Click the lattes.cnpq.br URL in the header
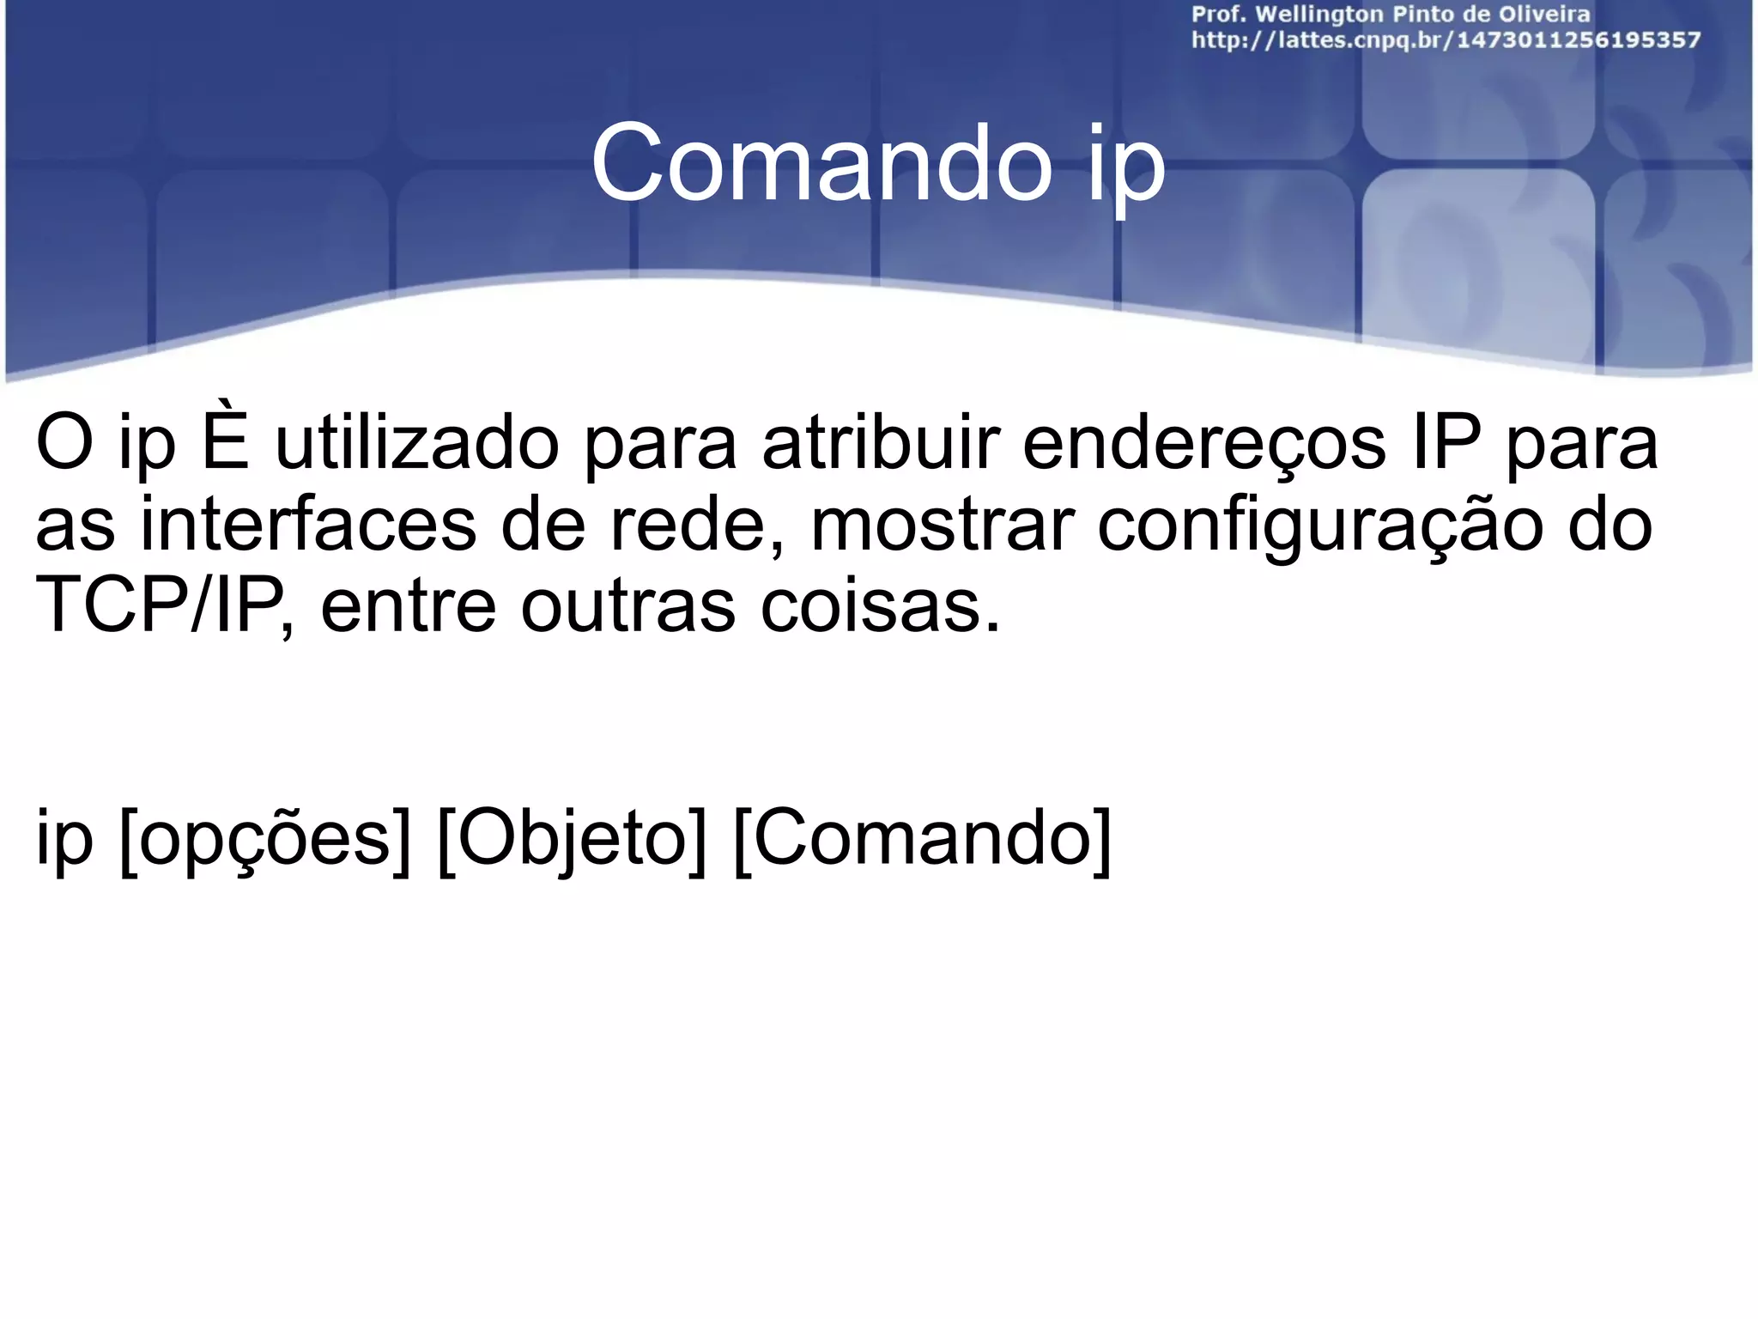(x=1446, y=40)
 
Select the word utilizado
(x=417, y=444)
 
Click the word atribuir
(x=881, y=444)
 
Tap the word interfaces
(x=307, y=525)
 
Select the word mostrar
(x=942, y=525)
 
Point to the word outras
(x=627, y=606)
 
